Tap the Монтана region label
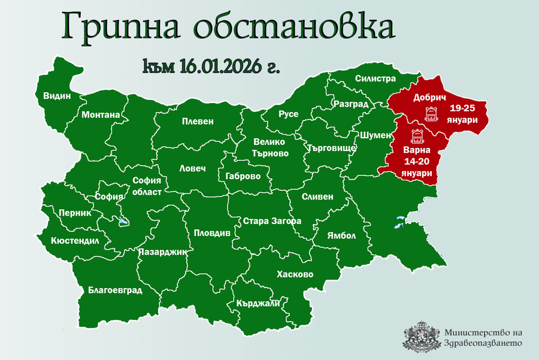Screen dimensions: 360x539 coord(101,114)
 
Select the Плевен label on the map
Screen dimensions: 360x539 coord(198,121)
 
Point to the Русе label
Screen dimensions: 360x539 coord(289,114)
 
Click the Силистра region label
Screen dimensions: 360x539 coord(376,78)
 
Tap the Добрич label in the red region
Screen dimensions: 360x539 coord(429,97)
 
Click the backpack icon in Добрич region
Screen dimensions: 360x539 coord(430,113)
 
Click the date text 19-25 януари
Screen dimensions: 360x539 coord(465,114)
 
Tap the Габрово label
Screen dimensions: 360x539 coord(243,176)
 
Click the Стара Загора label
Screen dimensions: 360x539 coord(272,221)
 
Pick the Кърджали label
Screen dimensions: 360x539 coord(258,304)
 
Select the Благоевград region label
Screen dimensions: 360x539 coord(115,291)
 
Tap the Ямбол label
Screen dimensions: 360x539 coord(341,235)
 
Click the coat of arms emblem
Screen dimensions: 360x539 coord(421,337)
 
